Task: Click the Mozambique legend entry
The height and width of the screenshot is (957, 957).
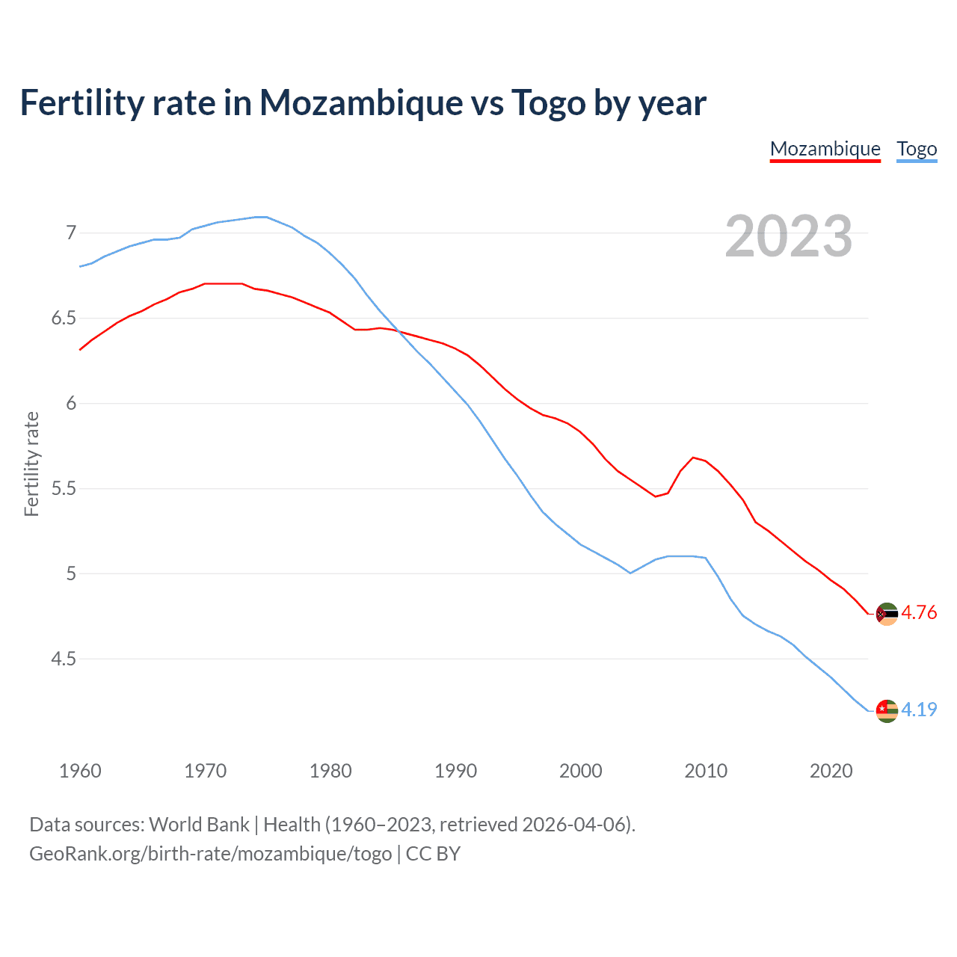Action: point(825,149)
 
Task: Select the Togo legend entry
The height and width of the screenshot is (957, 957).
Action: point(917,149)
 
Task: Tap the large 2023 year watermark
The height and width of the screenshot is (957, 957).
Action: point(788,236)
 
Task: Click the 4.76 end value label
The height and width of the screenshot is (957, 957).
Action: point(919,612)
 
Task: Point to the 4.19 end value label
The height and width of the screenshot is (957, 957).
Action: point(919,710)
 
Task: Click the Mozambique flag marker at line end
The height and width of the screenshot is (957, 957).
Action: point(887,614)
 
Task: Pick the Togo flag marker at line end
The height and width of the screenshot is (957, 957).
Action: point(887,710)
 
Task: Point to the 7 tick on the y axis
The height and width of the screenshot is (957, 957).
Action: point(71,233)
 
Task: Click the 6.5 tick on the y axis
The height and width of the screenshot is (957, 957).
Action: point(64,319)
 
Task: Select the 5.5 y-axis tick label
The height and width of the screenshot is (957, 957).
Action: point(64,489)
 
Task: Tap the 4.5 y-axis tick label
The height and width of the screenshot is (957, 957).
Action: point(64,659)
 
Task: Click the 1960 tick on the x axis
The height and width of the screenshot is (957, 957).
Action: point(80,771)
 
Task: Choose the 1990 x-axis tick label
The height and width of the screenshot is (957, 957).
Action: point(455,771)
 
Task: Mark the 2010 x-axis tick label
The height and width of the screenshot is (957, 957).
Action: point(706,771)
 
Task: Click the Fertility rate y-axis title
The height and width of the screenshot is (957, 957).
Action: point(31,464)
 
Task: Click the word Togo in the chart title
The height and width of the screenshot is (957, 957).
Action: point(548,102)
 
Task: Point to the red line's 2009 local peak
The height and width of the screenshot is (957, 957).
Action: point(693,457)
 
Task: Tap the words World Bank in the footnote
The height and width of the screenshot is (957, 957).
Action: point(199,825)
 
